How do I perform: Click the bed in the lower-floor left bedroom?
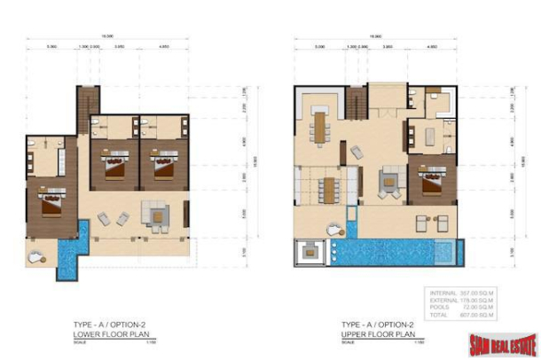coord(50,203)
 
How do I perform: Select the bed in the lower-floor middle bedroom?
coord(115,166)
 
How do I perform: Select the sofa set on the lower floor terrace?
coord(158,214)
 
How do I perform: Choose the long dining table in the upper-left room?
coord(318,128)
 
